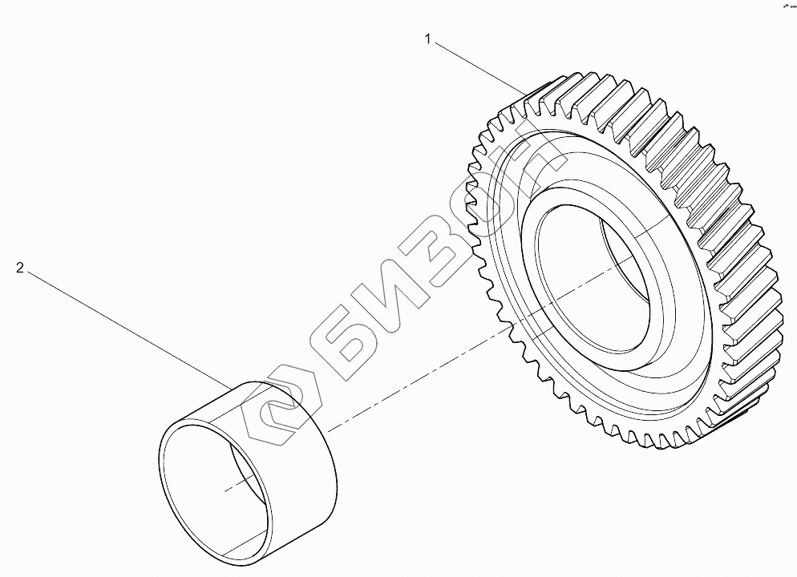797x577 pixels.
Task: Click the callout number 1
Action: (x=429, y=38)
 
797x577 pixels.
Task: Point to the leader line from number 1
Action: (x=481, y=63)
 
